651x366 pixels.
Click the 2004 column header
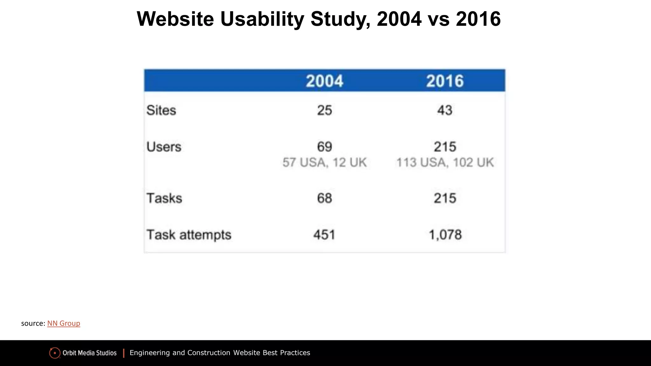[x=325, y=81]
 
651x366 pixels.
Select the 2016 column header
[x=445, y=81]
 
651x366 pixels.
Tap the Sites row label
[x=161, y=110]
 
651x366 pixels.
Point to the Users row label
[x=164, y=147]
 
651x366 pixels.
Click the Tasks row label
[x=164, y=198]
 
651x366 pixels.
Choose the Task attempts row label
[x=189, y=235]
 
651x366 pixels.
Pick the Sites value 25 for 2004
[x=325, y=110]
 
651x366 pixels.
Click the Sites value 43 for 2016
[x=445, y=110]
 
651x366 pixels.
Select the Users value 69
[x=325, y=147]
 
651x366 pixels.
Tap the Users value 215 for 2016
[x=445, y=147]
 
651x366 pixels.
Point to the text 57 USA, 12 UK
[x=325, y=162]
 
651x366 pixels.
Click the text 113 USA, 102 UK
[x=445, y=162]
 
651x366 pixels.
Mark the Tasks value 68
[x=325, y=198]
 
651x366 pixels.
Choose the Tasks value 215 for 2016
[x=445, y=198]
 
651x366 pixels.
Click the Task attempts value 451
[x=325, y=235]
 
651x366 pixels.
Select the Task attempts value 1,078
[x=445, y=235]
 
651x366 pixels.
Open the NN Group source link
[x=64, y=323]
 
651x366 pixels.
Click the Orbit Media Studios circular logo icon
[x=55, y=353]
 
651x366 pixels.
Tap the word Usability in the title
[x=262, y=19]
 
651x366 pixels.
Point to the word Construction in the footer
[x=209, y=353]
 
